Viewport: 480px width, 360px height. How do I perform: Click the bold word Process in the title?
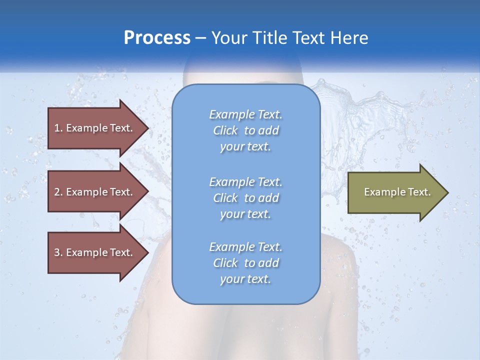(x=157, y=38)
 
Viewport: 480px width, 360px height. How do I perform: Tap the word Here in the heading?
(x=348, y=38)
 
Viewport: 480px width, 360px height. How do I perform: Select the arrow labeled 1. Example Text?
(x=95, y=128)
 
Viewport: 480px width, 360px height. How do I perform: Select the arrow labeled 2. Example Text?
(x=95, y=192)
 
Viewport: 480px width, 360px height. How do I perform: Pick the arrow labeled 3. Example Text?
(x=95, y=252)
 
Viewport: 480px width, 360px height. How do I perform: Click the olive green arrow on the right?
(x=395, y=192)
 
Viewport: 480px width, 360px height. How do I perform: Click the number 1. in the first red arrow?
(x=58, y=128)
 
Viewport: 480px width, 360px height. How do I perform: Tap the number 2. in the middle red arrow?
(x=58, y=192)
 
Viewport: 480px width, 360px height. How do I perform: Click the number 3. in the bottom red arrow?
(x=58, y=252)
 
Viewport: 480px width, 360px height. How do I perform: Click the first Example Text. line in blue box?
(x=245, y=114)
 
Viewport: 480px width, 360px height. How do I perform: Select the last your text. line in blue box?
(x=245, y=279)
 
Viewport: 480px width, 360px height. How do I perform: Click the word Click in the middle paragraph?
(x=225, y=198)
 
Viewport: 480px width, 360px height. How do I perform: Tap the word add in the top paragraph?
(x=269, y=131)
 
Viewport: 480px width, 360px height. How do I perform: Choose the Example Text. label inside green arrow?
(x=397, y=192)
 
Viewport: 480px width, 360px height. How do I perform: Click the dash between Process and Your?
(x=200, y=38)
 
